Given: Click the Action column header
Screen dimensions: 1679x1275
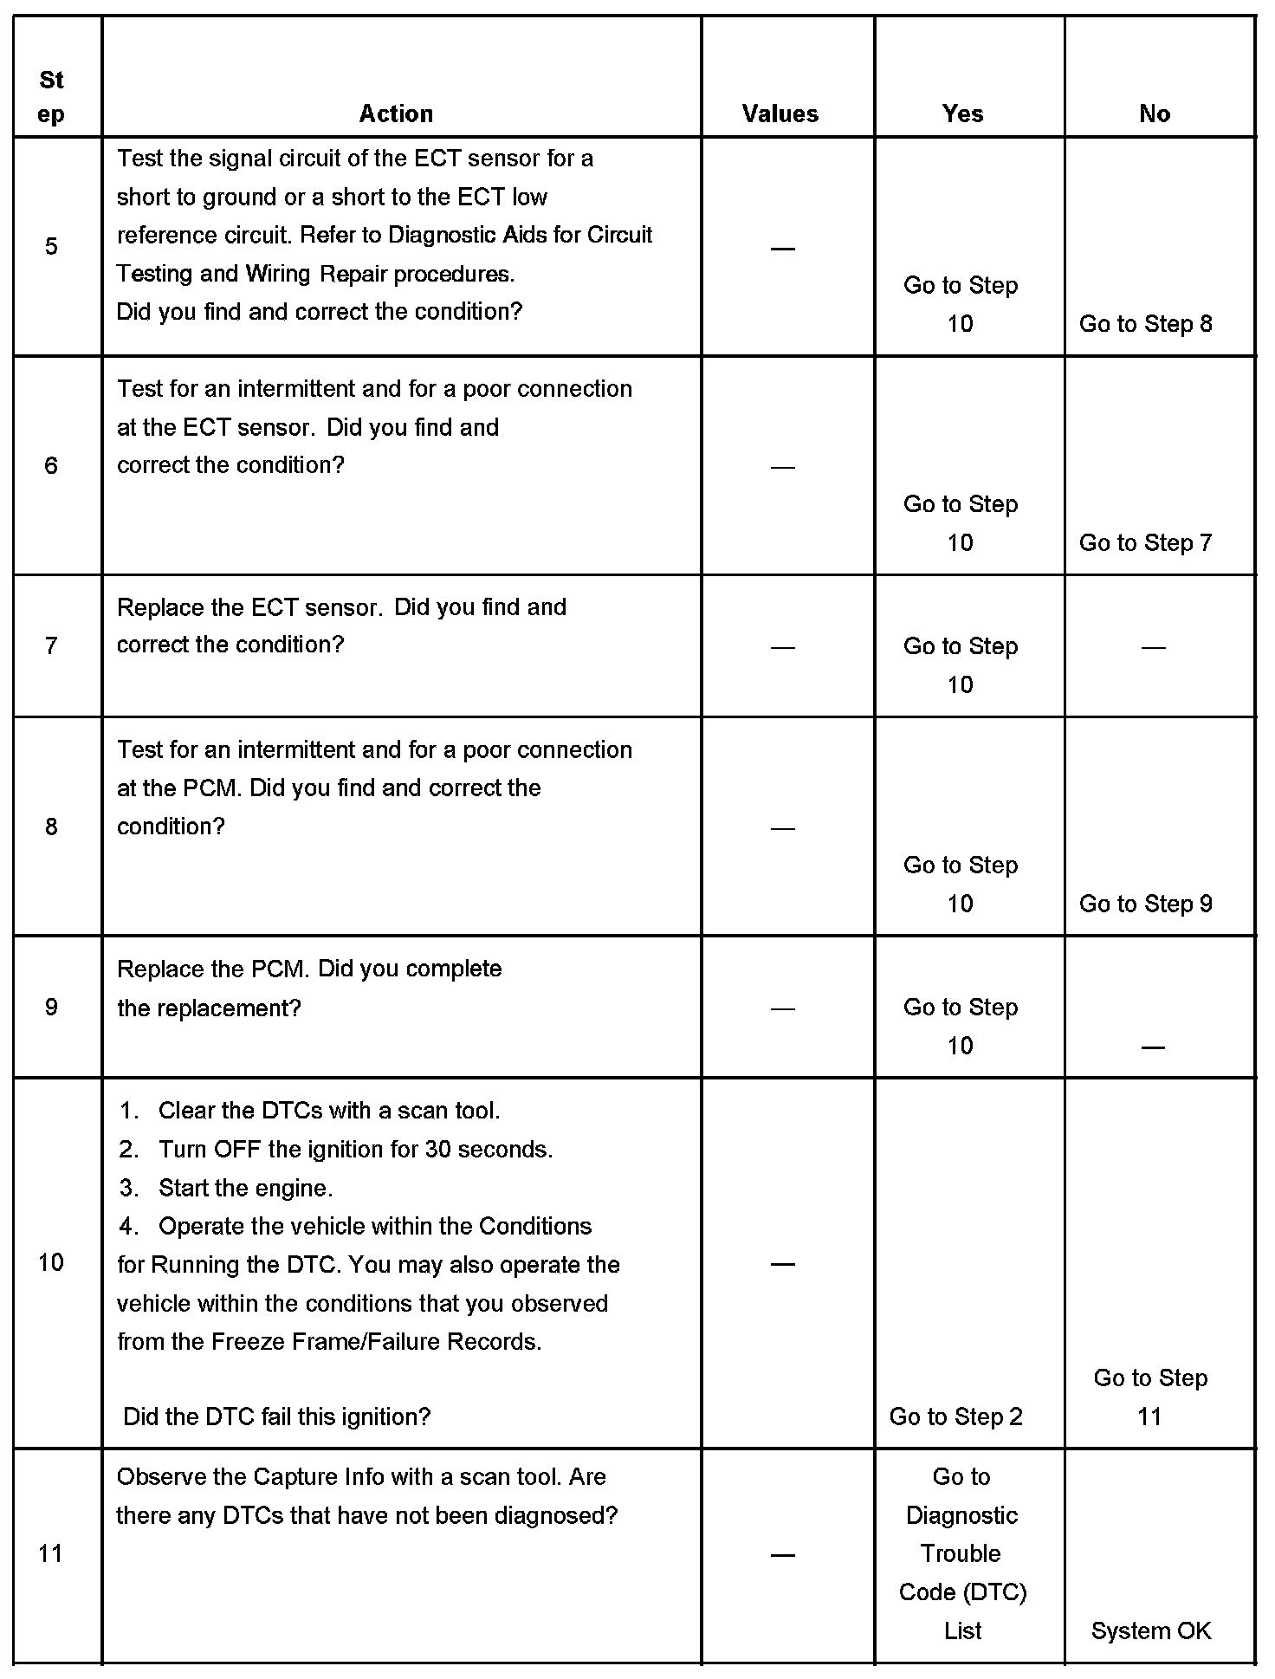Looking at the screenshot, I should (396, 113).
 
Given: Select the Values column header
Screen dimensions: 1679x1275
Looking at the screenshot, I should (780, 113).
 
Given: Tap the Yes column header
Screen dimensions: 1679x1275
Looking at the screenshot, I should (962, 113).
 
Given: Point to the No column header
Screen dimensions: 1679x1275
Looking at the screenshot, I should (1155, 113).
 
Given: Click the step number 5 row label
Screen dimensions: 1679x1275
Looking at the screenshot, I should (51, 247).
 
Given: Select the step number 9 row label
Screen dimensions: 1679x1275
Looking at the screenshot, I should (51, 1007).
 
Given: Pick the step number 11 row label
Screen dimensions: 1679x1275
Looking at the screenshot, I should (51, 1553).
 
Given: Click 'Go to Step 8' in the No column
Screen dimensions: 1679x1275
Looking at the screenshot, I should (1145, 324).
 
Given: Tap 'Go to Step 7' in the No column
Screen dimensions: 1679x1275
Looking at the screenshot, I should (1145, 543).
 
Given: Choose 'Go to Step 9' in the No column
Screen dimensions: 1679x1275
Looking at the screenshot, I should (1145, 904).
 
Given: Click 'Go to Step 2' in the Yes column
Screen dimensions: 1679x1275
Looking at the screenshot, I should (955, 1416).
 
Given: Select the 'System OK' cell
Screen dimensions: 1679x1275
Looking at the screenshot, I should (1151, 1630).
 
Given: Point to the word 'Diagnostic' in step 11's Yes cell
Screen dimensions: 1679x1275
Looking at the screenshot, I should (961, 1515).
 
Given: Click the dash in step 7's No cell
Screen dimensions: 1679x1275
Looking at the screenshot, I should (1153, 647).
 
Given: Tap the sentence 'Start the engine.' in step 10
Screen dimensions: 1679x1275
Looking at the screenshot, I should (245, 1188).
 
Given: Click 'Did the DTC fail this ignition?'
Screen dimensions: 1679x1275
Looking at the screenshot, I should (277, 1416).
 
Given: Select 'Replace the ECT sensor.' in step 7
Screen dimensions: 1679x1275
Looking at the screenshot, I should (249, 607).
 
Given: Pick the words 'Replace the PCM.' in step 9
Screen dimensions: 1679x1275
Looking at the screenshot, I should (212, 969).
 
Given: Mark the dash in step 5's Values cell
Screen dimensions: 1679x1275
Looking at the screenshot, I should (782, 249).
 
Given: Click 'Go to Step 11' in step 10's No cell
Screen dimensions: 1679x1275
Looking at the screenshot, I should (1150, 1397).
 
